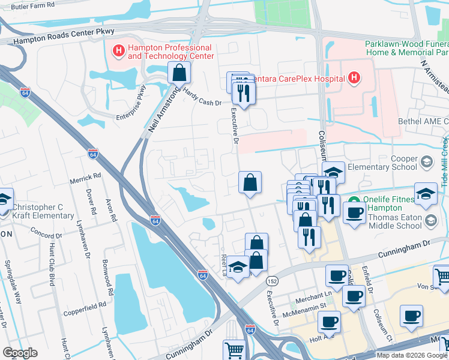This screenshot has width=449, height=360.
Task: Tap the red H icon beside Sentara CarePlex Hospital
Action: click(354, 78)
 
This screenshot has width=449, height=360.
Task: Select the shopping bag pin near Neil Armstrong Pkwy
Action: click(179, 73)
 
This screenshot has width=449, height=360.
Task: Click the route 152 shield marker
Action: click(273, 281)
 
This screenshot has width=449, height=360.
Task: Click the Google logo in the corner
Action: click(20, 353)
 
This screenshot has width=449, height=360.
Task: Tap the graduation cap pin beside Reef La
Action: click(238, 268)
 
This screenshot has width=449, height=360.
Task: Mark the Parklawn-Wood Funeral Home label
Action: click(406, 49)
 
